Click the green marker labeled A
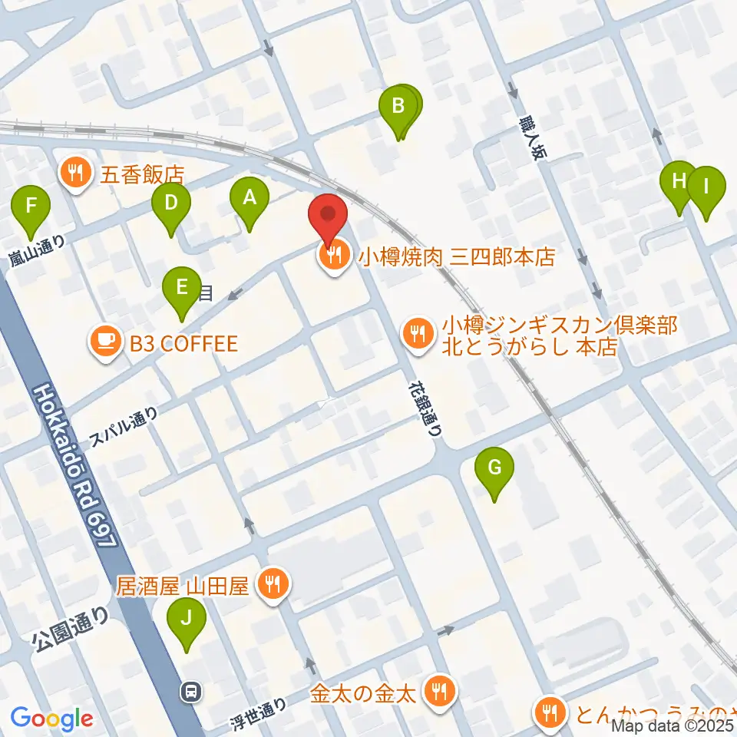pyautogui.click(x=249, y=201)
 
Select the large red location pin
pyautogui.click(x=329, y=217)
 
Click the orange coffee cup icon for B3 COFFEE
pyautogui.click(x=104, y=342)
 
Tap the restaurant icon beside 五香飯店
pyautogui.click(x=74, y=174)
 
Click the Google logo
pyautogui.click(x=51, y=719)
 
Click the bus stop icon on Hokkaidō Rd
pyautogui.click(x=189, y=691)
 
